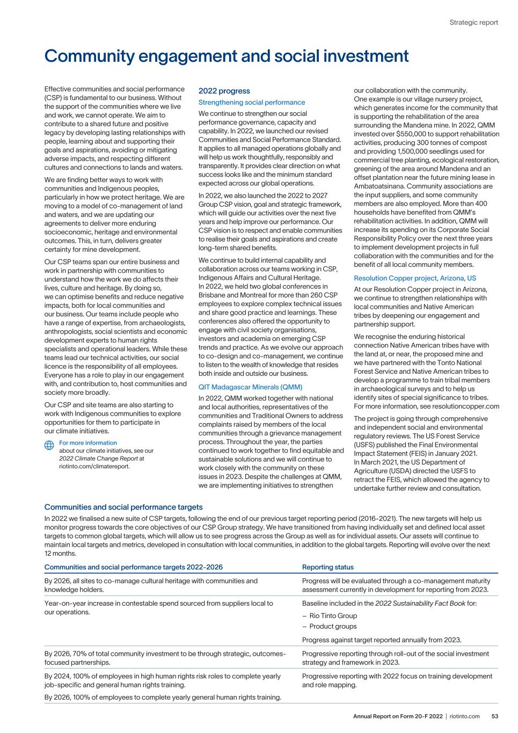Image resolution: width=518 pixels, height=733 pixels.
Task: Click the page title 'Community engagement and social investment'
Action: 226,56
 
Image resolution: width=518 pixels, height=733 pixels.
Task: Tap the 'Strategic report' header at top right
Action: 473,23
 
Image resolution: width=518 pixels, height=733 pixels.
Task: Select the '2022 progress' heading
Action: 224,91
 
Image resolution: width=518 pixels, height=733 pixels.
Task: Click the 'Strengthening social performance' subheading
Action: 252,102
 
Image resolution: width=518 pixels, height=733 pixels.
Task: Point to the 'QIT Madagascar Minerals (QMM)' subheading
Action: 250,387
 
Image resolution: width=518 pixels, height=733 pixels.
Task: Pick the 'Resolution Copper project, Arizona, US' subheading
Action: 415,278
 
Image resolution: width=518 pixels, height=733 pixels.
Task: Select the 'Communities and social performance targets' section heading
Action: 123,507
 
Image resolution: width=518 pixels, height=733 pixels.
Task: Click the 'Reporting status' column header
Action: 328,567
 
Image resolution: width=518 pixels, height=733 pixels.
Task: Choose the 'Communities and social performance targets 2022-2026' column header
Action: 133,567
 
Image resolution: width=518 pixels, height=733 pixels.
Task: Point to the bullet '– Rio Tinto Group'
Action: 330,615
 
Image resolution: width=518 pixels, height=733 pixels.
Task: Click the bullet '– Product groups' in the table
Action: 329,626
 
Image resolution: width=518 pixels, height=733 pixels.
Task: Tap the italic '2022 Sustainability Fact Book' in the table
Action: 420,603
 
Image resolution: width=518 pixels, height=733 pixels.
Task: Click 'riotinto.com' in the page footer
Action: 465,716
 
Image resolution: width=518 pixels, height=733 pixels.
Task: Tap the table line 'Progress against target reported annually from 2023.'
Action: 382,640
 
